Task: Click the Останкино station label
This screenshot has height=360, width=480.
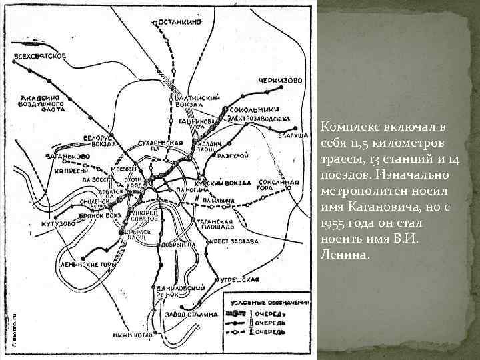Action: [x=180, y=22]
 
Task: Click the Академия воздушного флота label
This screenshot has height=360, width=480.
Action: [x=41, y=103]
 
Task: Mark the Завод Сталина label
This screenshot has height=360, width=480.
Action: [x=197, y=314]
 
